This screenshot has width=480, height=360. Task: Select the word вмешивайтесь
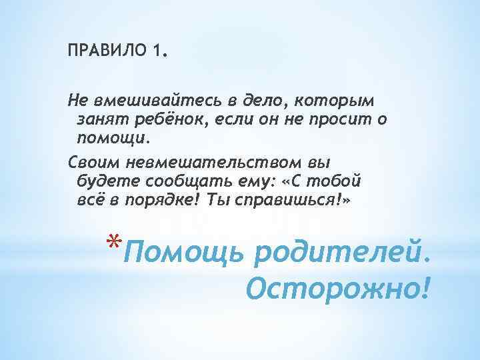(137, 99)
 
